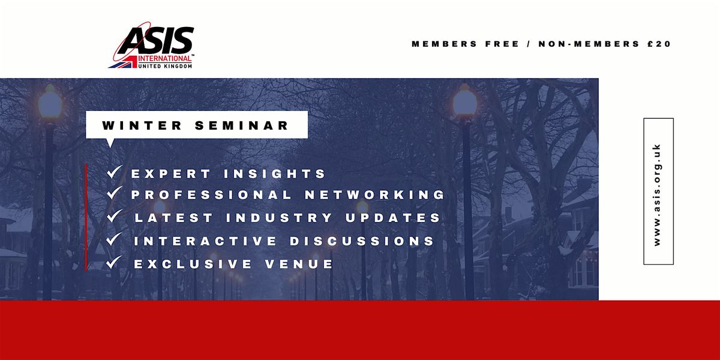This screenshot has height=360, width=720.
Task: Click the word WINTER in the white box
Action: click(x=137, y=126)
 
